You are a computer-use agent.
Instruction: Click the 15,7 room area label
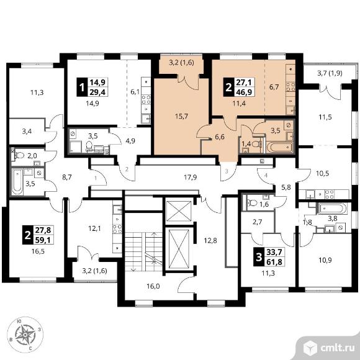click(181, 117)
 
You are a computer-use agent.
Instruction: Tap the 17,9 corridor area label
click(191, 178)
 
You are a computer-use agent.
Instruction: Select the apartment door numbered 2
click(127, 169)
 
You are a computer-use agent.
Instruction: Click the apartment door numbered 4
click(266, 176)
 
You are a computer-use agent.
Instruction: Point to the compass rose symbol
click(25, 336)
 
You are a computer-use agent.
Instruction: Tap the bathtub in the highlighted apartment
click(280, 147)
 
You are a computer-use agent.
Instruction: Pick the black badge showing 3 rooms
click(259, 257)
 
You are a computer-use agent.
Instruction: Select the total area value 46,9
click(245, 92)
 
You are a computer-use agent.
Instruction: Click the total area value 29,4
click(97, 92)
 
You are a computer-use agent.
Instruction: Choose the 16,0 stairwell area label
click(153, 286)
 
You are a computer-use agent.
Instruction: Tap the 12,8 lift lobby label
click(210, 241)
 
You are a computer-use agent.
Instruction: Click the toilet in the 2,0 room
click(19, 155)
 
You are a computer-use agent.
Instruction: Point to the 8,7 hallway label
click(67, 177)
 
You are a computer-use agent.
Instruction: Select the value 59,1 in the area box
click(43, 240)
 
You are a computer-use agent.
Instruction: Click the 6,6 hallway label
click(220, 137)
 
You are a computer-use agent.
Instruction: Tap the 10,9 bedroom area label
click(325, 260)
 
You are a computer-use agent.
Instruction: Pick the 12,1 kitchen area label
click(95, 228)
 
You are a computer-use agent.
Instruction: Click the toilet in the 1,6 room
click(252, 203)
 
